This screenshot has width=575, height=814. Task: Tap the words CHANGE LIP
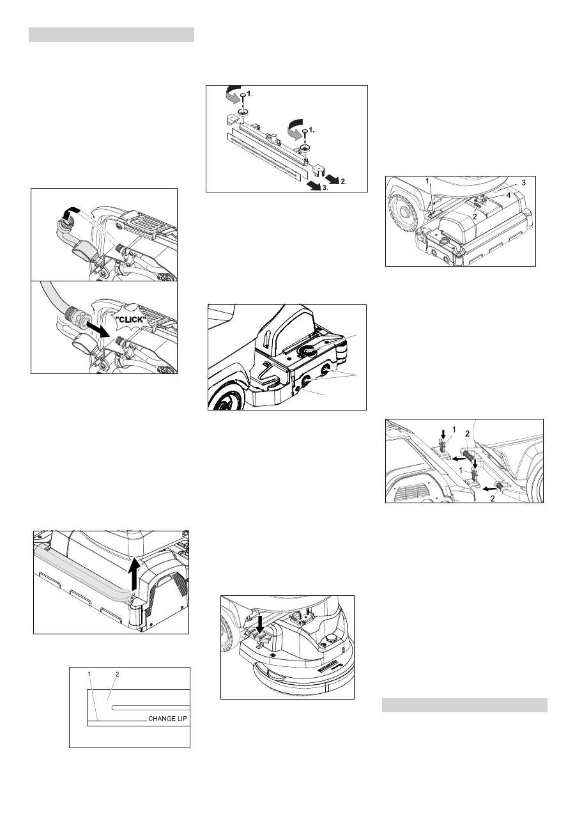168,718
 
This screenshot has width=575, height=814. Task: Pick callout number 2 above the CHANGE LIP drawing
117,674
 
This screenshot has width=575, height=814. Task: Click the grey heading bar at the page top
111,35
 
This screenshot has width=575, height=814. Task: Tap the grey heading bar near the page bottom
464,705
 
